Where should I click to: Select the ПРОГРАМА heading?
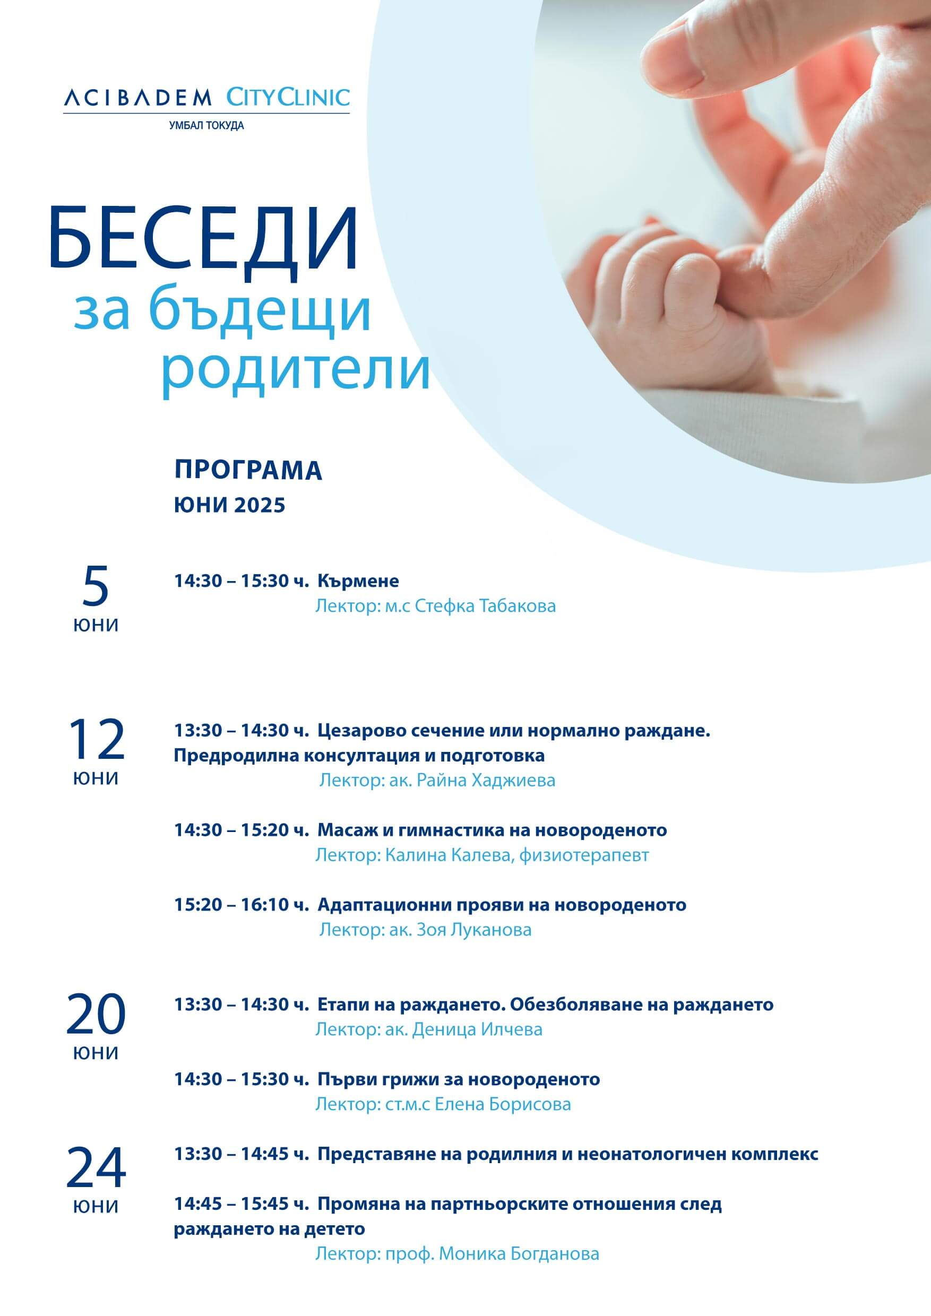(248, 471)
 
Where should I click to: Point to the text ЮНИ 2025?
(230, 505)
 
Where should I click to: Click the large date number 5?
(95, 586)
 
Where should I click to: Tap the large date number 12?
(96, 739)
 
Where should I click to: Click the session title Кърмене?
(358, 581)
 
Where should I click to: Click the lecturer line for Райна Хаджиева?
(437, 780)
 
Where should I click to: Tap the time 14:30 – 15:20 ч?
(242, 829)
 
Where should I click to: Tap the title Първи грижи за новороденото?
(459, 1079)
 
